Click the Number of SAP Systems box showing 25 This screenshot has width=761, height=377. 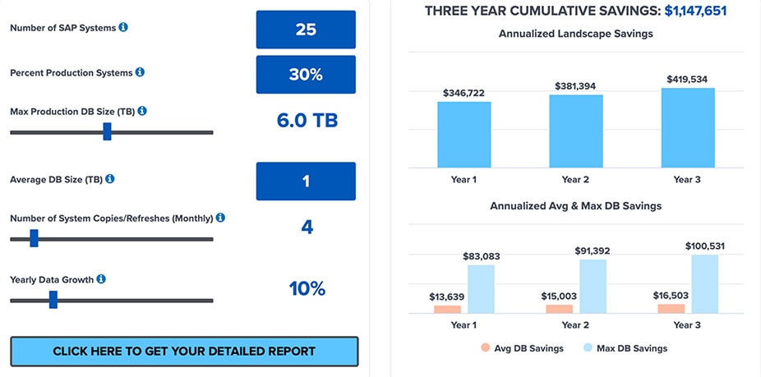pos(306,30)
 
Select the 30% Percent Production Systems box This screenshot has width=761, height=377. pos(306,74)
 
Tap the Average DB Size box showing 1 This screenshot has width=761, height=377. pos(306,181)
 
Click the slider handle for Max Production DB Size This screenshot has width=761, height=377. pos(108,131)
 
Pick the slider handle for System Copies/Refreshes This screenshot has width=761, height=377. pos(34,238)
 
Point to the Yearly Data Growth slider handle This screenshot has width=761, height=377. pos(53,299)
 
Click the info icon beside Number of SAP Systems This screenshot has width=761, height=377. pos(123,27)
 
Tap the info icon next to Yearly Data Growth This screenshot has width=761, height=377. pos(101,279)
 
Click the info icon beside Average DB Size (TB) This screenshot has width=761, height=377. pos(110,179)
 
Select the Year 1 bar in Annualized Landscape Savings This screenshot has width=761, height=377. pos(464,135)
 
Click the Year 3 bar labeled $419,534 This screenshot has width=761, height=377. pos(688,127)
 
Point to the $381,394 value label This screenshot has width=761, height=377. pos(575,86)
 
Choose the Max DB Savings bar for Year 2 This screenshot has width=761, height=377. pos(593,287)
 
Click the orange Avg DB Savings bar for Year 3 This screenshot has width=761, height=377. pos(671,309)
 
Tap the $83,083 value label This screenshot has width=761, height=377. pos(481,256)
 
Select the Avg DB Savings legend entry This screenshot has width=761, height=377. pos(522,348)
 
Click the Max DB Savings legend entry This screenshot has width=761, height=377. pos(625,348)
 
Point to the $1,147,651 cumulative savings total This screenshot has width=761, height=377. pos(695,11)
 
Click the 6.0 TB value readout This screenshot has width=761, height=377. pos(307,121)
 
